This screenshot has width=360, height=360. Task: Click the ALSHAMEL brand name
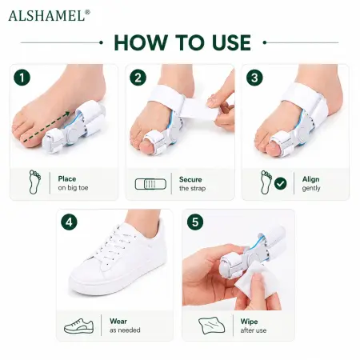47,16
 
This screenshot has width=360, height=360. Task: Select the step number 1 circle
22,78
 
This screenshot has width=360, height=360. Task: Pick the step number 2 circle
138,78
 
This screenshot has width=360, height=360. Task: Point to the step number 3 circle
254,78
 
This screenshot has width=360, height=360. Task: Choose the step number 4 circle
69,222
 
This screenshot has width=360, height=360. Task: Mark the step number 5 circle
195,222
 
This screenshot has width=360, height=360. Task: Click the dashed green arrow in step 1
45,126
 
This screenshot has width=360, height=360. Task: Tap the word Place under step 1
67,178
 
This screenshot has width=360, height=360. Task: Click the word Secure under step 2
190,179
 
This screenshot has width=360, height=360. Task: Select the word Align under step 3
310,179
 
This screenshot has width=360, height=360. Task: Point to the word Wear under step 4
118,321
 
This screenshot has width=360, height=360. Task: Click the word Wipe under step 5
249,322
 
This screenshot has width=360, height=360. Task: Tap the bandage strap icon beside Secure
150,184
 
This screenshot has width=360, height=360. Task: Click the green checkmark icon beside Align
281,183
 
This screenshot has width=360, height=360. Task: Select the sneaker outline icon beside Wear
78,326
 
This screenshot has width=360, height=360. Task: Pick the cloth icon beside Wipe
212,326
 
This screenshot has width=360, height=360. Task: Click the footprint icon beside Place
34,182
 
